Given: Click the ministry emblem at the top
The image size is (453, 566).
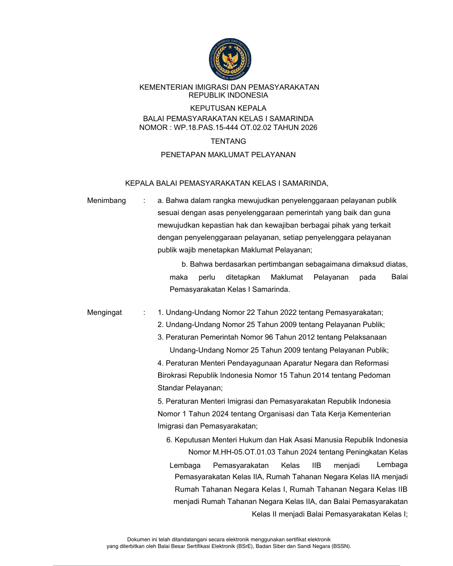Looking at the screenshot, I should pyautogui.click(x=230, y=59).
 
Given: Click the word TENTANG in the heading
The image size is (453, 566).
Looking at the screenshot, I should pyautogui.click(x=228, y=141).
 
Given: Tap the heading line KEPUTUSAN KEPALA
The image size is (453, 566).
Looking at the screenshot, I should pyautogui.click(x=228, y=108).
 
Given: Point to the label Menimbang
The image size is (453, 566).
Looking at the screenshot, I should pyautogui.click(x=106, y=200).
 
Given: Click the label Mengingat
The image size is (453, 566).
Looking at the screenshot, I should pyautogui.click(x=104, y=312).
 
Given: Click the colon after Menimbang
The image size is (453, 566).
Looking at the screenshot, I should pyautogui.click(x=144, y=200).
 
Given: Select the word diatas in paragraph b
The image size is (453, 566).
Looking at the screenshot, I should pyautogui.click(x=396, y=264).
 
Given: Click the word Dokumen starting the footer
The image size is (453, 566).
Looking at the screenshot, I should pyautogui.click(x=138, y=540).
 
